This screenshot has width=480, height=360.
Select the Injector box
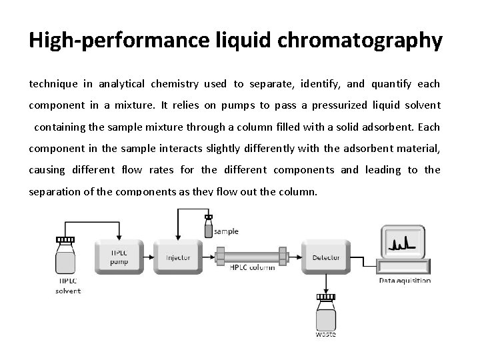tap(177, 257)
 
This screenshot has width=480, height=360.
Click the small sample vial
tap(209, 228)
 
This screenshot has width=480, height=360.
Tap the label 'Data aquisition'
tap(405, 281)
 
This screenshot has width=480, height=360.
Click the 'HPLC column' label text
tap(252, 268)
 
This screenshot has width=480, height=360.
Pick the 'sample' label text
tap(227, 231)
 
